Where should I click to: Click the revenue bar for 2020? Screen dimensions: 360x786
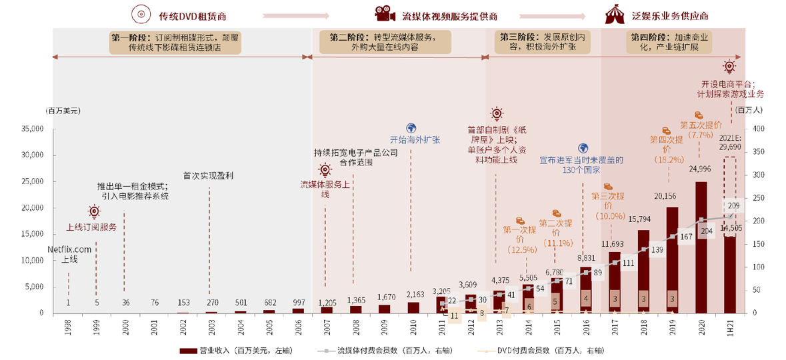(x=701, y=267)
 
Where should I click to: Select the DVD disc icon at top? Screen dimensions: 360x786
(x=140, y=14)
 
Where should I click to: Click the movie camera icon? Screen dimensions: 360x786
(x=383, y=14)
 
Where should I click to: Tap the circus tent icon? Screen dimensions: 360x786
(x=613, y=14)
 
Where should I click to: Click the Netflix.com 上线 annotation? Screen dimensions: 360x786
(x=68, y=254)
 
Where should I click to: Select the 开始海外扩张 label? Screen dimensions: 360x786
(x=415, y=140)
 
